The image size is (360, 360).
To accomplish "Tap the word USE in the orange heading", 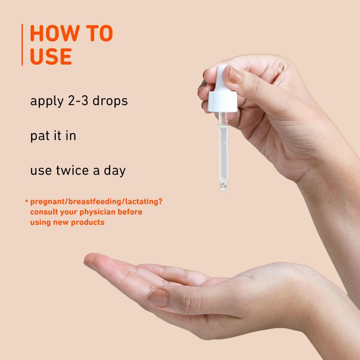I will point(51,56).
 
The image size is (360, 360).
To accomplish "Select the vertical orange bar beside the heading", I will point(22,45).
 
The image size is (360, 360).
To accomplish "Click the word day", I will point(114,171).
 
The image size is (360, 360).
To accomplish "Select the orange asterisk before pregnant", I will point(27,202).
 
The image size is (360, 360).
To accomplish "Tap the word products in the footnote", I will point(88,222).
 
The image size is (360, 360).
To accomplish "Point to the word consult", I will point(45,212).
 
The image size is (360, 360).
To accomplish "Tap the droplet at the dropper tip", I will point(223,185).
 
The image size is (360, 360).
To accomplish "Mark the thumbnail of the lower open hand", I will point(158,297).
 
